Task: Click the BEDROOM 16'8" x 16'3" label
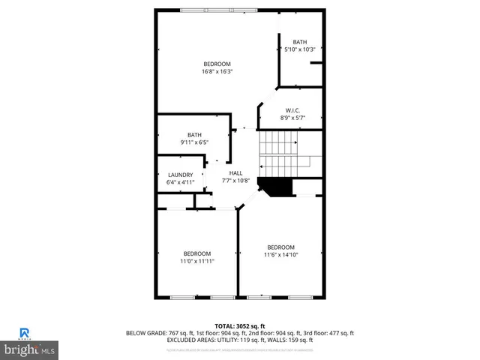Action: pyautogui.click(x=216, y=67)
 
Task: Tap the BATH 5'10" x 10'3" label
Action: pyautogui.click(x=300, y=46)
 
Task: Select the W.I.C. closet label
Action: pyautogui.click(x=292, y=114)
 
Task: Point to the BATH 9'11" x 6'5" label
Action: pyautogui.click(x=194, y=138)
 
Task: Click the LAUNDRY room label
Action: pyautogui.click(x=180, y=178)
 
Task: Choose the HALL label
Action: pyautogui.click(x=235, y=173)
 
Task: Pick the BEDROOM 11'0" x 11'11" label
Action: pyautogui.click(x=197, y=257)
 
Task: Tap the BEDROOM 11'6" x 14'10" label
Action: pyautogui.click(x=281, y=250)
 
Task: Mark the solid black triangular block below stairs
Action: pyautogui.click(x=274, y=186)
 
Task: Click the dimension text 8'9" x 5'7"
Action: pyautogui.click(x=292, y=118)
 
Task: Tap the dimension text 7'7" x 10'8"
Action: pyautogui.click(x=235, y=180)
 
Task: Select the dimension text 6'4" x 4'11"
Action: pyautogui.click(x=180, y=181)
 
